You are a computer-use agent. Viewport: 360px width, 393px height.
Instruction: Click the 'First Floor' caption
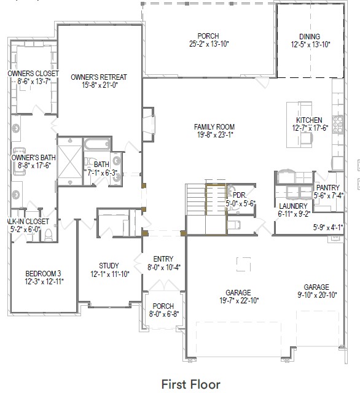[x=190, y=384]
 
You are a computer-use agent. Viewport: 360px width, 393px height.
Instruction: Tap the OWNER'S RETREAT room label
[x=99, y=77]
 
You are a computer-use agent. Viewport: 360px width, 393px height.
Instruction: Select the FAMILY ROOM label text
[x=214, y=126]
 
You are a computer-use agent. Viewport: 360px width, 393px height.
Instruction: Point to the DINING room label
[x=309, y=37]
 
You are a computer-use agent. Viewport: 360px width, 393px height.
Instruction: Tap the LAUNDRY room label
[x=293, y=206]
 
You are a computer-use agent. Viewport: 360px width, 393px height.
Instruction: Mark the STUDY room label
[x=109, y=266]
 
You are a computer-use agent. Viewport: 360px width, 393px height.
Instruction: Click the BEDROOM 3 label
[x=43, y=273]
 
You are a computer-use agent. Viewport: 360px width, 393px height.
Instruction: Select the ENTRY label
[x=163, y=259]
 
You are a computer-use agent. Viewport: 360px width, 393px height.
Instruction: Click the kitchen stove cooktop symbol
[x=337, y=120]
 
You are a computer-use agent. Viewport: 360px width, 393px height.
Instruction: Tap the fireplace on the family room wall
[x=148, y=125]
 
